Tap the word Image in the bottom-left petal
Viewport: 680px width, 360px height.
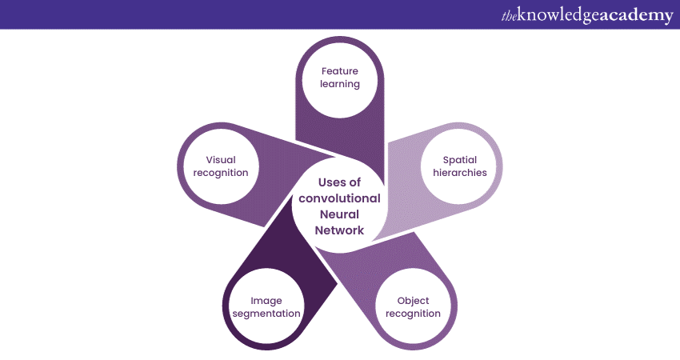tap(266, 301)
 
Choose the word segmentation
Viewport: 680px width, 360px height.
tap(266, 314)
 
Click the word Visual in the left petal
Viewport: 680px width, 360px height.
tap(221, 160)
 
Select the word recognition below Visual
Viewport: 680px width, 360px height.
tap(221, 173)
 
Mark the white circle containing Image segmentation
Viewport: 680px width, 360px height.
tap(266, 307)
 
